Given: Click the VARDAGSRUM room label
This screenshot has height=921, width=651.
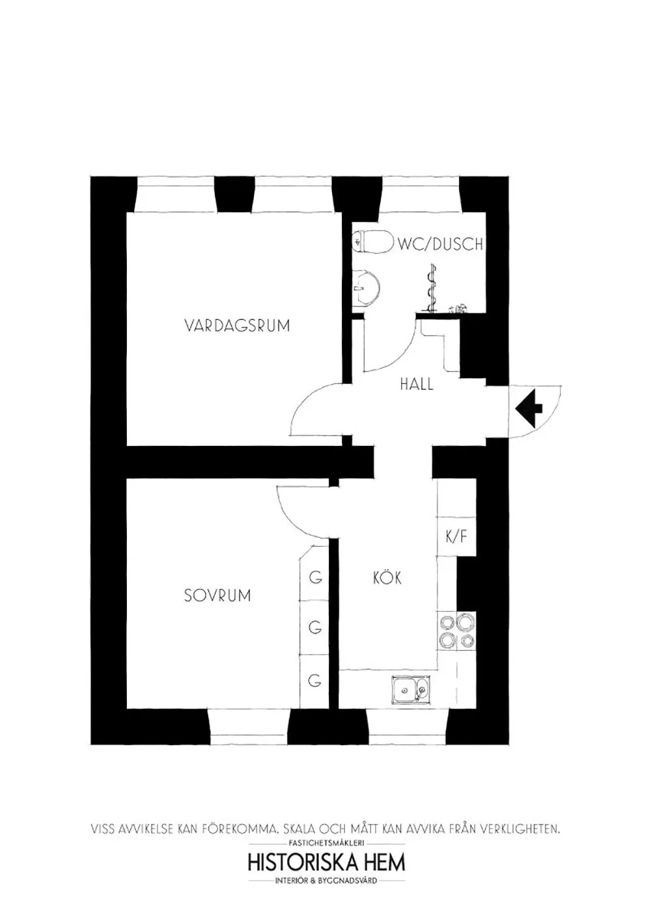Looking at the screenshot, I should [x=237, y=325].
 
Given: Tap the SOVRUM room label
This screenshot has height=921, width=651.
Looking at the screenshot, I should [x=217, y=595].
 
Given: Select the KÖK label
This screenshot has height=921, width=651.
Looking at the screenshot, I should [x=387, y=577].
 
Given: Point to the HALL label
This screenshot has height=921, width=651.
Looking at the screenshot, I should [x=417, y=384].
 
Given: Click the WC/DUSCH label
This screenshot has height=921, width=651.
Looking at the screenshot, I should [x=441, y=244].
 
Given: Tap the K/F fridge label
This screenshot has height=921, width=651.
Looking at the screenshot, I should [x=456, y=537].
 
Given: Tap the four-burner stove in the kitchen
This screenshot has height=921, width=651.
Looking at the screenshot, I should [x=456, y=631].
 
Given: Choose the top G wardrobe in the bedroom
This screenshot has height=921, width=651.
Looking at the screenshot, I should [x=316, y=577].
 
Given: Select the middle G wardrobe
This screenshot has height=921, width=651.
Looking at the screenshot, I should [x=316, y=628].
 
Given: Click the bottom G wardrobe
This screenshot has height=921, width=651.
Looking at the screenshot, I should [x=316, y=681].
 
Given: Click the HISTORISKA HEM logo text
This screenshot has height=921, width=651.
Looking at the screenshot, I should [x=326, y=862].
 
